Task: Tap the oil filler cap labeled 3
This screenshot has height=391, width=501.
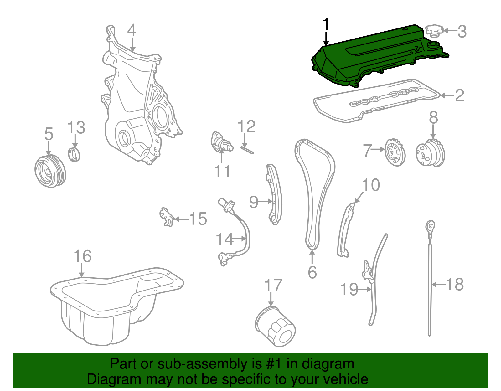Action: pos(434,31)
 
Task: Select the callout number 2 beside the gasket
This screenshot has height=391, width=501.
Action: pos(459,95)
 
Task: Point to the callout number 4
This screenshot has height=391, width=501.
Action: pos(132,31)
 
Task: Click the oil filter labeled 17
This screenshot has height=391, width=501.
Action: pos(276,327)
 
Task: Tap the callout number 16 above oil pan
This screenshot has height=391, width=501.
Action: pos(82,256)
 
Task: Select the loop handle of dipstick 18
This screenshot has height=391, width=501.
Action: pos(430,226)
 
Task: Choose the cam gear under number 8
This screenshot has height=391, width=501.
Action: pos(430,153)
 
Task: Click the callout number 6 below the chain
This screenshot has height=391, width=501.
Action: pos(312,272)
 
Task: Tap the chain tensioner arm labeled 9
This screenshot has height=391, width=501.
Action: pos(274,194)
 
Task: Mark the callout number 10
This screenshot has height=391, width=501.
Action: pos(371,185)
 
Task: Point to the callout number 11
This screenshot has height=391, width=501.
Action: pos(222,171)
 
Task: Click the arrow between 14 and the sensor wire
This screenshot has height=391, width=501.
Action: pos(240,239)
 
